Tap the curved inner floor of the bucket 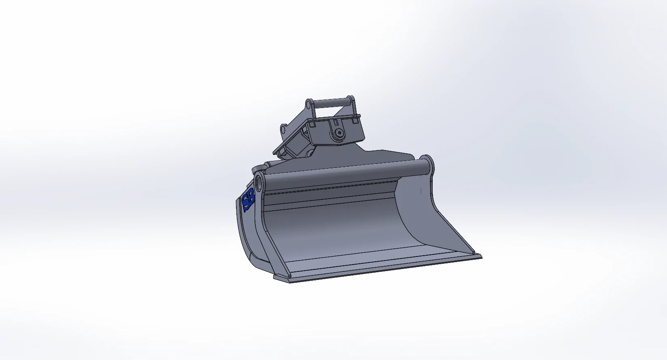coord(336,231)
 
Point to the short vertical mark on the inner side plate coord(421,190)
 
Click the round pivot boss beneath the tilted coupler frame coord(311,153)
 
